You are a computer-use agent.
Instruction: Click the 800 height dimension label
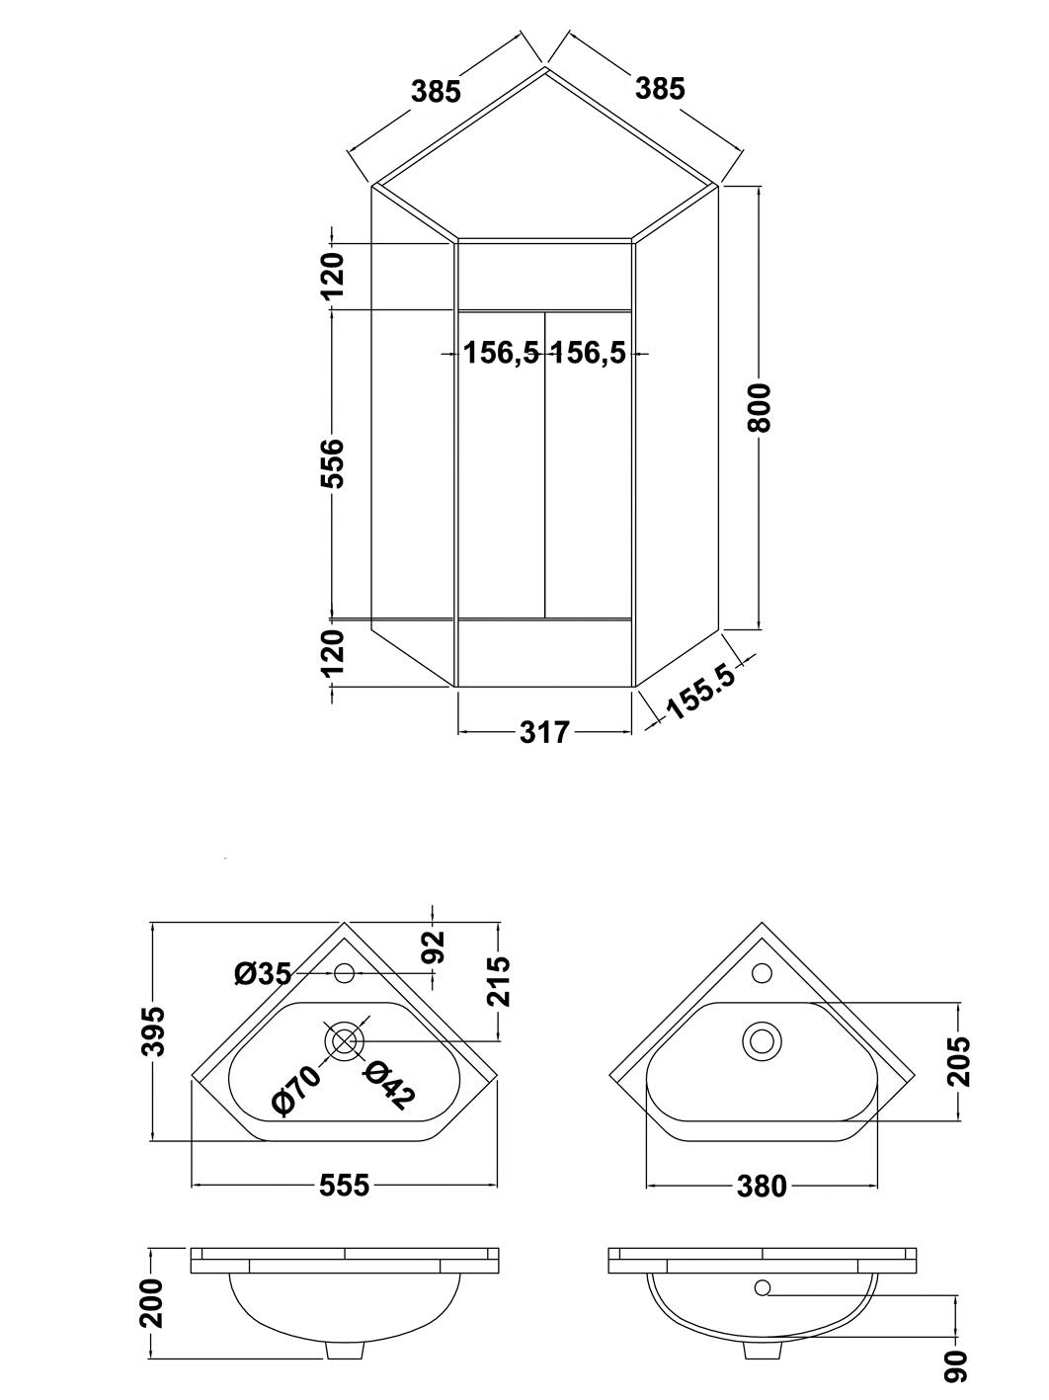761,408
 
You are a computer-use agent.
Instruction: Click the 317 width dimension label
544,732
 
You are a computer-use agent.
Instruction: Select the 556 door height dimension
332,463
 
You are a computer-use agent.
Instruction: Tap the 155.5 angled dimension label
701,692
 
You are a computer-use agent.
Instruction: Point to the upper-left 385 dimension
436,91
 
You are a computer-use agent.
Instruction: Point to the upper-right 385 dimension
660,89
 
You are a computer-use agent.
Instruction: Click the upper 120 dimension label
332,276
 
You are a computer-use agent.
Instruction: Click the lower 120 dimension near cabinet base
332,652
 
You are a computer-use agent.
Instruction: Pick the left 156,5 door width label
501,353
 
